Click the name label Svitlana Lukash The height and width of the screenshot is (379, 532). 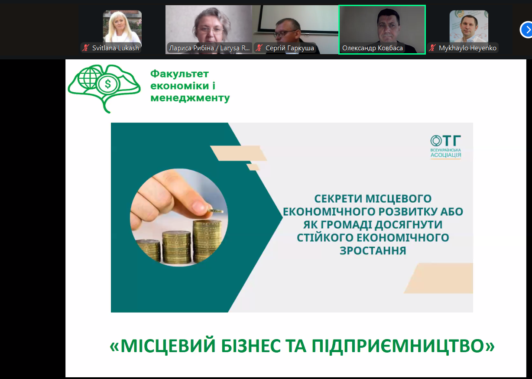(x=115, y=48)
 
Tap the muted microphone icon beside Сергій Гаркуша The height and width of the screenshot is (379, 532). (x=259, y=48)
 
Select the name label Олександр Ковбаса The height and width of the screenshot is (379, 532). (x=373, y=48)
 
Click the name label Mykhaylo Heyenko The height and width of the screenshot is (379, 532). (x=467, y=48)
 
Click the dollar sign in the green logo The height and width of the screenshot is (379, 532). (x=108, y=84)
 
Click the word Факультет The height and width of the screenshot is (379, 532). (x=179, y=74)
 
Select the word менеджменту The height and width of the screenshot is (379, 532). (x=190, y=98)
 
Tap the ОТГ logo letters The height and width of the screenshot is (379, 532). (x=445, y=141)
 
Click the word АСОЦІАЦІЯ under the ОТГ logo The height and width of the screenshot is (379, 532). (x=446, y=155)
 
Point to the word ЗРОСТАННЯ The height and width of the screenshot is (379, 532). (x=373, y=250)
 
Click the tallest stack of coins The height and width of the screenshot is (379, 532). (x=207, y=240)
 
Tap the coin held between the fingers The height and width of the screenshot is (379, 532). (x=215, y=211)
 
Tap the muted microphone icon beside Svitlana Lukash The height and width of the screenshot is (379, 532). (x=85, y=48)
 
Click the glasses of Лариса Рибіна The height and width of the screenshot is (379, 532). (x=211, y=30)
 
